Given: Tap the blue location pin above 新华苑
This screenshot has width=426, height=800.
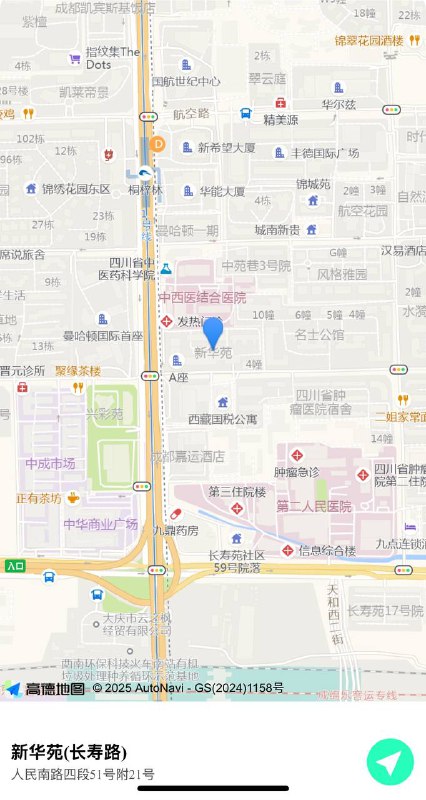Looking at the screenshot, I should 213,332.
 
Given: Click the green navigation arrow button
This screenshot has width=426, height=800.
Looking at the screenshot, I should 390,762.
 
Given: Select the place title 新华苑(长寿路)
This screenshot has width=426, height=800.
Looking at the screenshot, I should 69,752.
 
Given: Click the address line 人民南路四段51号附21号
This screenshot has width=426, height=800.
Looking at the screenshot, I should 83,774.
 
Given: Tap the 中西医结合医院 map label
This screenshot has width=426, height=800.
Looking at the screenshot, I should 202,298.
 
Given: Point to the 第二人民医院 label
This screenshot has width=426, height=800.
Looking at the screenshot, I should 314,507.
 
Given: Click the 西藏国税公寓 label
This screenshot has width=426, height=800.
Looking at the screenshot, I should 223,418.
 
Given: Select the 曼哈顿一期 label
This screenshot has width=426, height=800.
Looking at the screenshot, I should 187,230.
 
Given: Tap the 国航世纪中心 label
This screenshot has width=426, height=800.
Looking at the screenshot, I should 186,81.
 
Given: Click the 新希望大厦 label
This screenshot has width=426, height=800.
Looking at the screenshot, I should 226,148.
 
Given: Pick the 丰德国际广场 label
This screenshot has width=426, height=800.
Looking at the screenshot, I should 325,153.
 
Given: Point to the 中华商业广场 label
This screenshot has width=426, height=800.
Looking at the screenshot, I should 100,524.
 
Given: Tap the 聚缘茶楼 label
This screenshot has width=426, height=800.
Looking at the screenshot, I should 78,370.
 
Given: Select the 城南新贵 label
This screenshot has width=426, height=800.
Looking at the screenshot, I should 277,230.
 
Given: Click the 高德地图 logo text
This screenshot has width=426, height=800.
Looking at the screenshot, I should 55,688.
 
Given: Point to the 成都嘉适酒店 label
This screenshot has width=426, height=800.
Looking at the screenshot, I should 186,455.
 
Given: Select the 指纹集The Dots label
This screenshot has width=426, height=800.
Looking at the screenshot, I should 112,57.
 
